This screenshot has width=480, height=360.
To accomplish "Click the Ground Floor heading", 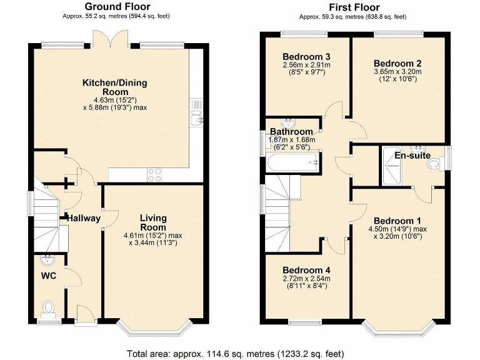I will pyautogui.click(x=116, y=7).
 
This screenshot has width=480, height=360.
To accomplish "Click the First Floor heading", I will pyautogui.click(x=354, y=7).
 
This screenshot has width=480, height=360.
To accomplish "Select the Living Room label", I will pyautogui.click(x=152, y=222).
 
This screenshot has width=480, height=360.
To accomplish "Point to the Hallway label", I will pyautogui.click(x=84, y=218).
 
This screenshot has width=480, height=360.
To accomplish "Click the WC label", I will pyautogui.click(x=49, y=276).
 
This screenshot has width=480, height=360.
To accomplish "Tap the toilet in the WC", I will pyautogui.click(x=48, y=307).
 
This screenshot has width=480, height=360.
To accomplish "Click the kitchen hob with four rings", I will pyautogui.click(x=154, y=175).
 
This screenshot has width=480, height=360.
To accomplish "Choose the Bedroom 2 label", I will pyautogui.click(x=397, y=63).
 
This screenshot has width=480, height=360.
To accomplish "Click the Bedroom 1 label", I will pyautogui.click(x=397, y=221).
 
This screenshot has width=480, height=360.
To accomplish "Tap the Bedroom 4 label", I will pyautogui.click(x=306, y=271).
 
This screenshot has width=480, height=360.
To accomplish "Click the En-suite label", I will pyautogui.click(x=412, y=155).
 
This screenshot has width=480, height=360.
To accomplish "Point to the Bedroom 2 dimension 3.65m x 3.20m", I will pyautogui.click(x=397, y=72).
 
